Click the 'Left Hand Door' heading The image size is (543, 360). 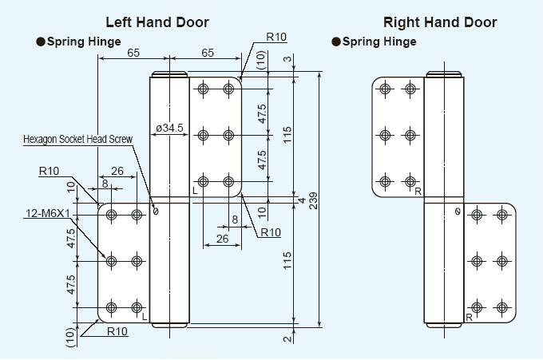(157, 22)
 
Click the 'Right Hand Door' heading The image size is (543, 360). (440, 22)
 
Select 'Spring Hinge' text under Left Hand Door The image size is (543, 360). (84, 42)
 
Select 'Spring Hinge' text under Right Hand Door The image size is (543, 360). (379, 42)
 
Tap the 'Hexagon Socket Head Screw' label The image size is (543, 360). (77, 139)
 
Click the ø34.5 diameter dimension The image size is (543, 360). (169, 128)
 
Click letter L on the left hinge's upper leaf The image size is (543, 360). (196, 190)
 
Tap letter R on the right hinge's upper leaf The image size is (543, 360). (417, 190)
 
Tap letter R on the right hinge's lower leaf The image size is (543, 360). (469, 317)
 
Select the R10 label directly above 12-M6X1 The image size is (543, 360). (50, 171)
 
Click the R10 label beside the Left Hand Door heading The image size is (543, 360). (276, 37)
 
